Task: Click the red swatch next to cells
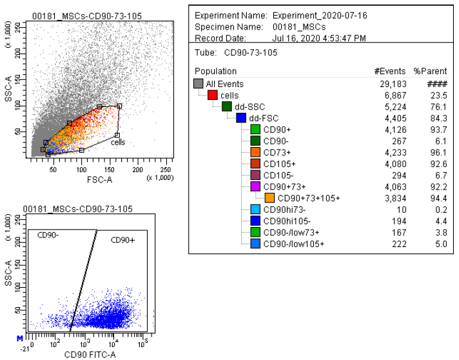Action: tap(212, 95)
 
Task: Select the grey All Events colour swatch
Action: tap(199, 84)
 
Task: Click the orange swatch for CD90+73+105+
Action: tap(269, 198)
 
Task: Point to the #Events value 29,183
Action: tap(393, 84)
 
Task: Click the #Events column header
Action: tap(390, 71)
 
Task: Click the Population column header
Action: tap(216, 71)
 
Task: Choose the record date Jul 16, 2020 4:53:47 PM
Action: tap(319, 38)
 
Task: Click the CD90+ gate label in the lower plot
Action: tap(122, 240)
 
